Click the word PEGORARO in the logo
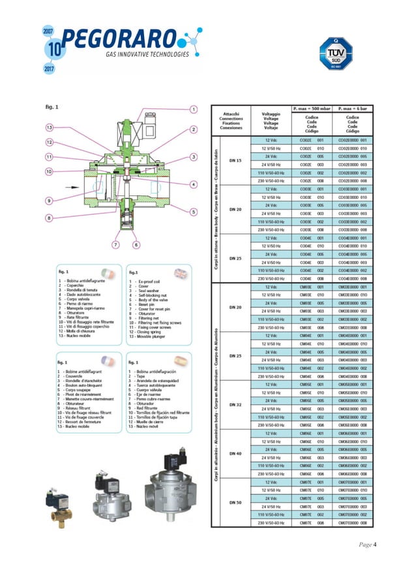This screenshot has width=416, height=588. click(x=120, y=38)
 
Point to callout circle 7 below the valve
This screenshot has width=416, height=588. click(x=115, y=245)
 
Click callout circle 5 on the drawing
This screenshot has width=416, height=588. click(x=194, y=212)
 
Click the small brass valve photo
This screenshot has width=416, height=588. click(x=59, y=501)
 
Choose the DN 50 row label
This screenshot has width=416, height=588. click(x=235, y=502)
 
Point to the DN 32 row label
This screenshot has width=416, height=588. click(x=235, y=404)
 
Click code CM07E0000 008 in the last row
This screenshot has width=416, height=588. click(x=354, y=522)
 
